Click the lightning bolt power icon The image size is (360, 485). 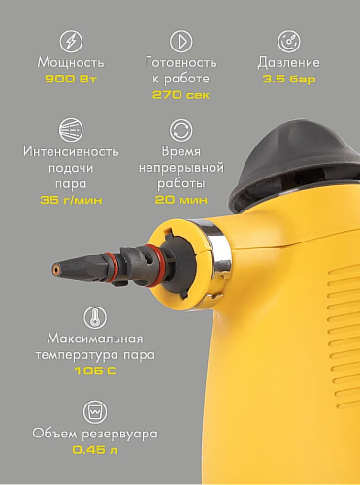coord(71,41)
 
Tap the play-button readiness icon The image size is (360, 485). coord(180,41)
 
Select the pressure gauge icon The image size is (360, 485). coord(288,41)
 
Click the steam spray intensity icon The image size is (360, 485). coord(71,130)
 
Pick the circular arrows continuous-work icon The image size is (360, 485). coord(180,130)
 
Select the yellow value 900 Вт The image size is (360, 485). coord(71,79)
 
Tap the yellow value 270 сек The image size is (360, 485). coord(180,94)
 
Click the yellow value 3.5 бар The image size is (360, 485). coord(288,79)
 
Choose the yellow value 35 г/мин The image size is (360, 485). coord(71,200)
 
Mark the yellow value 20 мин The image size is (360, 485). coord(180,200)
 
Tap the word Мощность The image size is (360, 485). coord(71,63)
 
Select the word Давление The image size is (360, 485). coord(288,63)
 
